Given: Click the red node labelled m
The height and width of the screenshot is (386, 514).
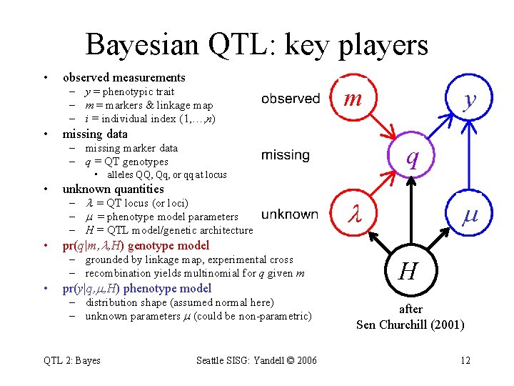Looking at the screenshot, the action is tap(353, 99).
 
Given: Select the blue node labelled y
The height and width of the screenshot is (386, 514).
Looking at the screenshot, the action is tap(469, 99).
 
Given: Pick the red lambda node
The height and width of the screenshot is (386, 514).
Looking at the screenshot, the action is tap(353, 213).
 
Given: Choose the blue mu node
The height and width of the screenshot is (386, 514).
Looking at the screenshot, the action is tap(469, 213).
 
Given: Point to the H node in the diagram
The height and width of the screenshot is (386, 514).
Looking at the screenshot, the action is tap(408, 271).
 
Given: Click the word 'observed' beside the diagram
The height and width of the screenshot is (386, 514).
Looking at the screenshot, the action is tap(291, 99).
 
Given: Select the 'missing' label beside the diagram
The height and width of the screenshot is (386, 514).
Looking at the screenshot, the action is tap(286, 155).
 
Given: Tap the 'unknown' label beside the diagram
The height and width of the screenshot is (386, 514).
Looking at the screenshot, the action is tap(290, 214).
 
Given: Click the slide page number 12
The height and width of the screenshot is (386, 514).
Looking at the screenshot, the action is tap(465, 360).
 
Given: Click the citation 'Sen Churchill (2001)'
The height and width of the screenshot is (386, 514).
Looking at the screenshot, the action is tap(410, 325).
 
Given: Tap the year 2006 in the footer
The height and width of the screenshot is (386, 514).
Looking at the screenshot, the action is tap(305, 360).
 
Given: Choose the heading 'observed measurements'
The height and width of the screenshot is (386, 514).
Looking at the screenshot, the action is tap(124, 77).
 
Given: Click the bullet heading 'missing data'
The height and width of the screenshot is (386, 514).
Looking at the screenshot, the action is tap(95, 134).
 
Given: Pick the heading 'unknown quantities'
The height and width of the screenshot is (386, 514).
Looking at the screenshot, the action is tap(113, 189).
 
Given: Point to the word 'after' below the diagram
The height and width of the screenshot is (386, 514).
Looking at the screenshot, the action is tap(410, 309).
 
